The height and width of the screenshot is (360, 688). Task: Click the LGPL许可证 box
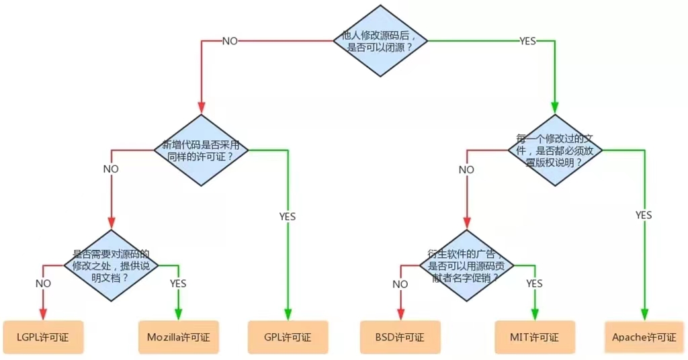pyautogui.click(x=43, y=336)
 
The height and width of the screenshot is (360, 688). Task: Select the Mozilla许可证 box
pyautogui.click(x=178, y=336)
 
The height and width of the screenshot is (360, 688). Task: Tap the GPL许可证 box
pyautogui.click(x=287, y=336)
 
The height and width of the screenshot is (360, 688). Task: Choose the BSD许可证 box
pyautogui.click(x=400, y=336)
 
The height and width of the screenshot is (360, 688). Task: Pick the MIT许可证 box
pyautogui.click(x=535, y=336)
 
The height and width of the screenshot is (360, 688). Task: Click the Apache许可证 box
pyautogui.click(x=644, y=336)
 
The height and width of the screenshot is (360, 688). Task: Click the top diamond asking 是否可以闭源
pyautogui.click(x=381, y=41)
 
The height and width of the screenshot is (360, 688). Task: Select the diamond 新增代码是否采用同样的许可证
pyautogui.click(x=201, y=150)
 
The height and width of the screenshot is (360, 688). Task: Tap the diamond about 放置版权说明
pyautogui.click(x=555, y=150)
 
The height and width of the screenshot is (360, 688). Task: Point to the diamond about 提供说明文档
pyautogui.click(x=111, y=265)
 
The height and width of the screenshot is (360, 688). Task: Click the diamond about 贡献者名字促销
pyautogui.click(x=466, y=265)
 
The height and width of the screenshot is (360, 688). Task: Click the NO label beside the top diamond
pyautogui.click(x=230, y=41)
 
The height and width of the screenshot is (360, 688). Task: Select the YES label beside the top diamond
pyautogui.click(x=527, y=41)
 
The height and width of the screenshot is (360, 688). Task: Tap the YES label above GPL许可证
pyautogui.click(x=287, y=216)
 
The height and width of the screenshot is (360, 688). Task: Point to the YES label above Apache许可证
pyautogui.click(x=644, y=215)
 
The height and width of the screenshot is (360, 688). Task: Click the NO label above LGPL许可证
pyautogui.click(x=43, y=283)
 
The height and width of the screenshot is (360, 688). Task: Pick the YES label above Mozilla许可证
pyautogui.click(x=178, y=283)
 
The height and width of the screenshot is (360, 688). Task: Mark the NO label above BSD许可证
pyautogui.click(x=400, y=284)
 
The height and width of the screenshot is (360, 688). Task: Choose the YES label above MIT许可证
pyautogui.click(x=534, y=284)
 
